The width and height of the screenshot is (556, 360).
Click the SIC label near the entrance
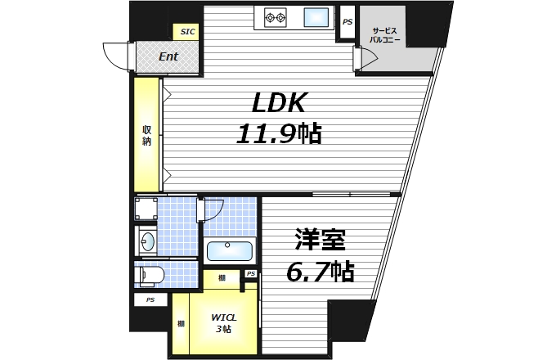(188, 32)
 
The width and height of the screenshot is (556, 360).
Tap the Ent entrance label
(168, 56)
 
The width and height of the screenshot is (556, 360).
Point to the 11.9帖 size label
(278, 133)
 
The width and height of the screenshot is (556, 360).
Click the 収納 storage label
(147, 135)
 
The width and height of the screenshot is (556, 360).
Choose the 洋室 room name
(321, 241)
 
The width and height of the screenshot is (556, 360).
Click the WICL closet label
(222, 317)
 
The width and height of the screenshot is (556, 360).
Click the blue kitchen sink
(316, 16)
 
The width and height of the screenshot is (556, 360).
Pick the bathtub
(231, 251)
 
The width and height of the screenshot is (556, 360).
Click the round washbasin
(148, 241)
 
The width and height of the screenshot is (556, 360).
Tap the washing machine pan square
(147, 209)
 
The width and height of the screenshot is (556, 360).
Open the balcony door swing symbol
(365, 59)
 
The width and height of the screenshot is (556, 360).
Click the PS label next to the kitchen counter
(347, 22)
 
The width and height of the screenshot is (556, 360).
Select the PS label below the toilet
(150, 300)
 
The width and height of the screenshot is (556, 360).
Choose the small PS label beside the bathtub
(251, 273)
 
